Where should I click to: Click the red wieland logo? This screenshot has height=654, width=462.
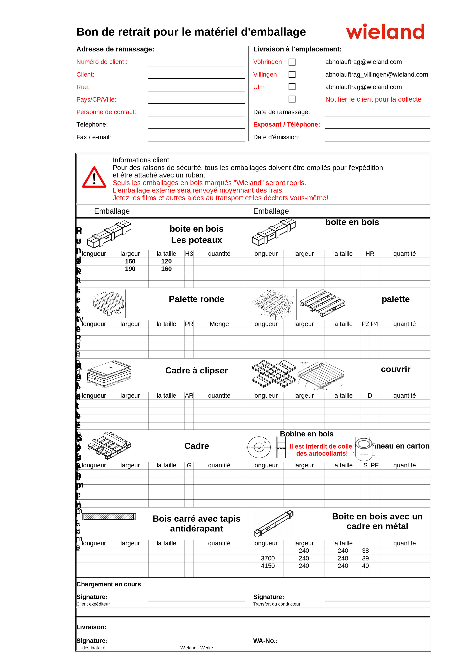[x=385, y=32]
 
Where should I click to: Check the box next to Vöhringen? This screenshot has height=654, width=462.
[x=292, y=62]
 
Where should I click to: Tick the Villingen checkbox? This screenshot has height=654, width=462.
[x=292, y=75]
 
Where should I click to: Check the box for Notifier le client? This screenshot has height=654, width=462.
[x=292, y=99]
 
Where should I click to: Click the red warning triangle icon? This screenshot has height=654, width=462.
[x=94, y=178]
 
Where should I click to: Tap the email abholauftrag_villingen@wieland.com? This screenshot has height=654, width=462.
[x=376, y=75]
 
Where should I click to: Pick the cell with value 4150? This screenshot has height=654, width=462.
[x=268, y=566]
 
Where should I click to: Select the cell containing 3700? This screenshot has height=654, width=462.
[x=268, y=558]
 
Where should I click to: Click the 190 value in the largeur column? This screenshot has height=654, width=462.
[x=130, y=269]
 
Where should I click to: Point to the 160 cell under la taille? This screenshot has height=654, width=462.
[x=166, y=269]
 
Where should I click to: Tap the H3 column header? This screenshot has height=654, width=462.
[x=189, y=254]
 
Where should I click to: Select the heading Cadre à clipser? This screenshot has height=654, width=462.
[x=196, y=370]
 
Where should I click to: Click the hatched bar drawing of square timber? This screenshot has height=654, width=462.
[x=109, y=517]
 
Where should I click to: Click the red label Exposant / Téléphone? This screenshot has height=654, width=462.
[x=286, y=124]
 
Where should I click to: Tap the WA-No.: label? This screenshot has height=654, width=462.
[x=265, y=641]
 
